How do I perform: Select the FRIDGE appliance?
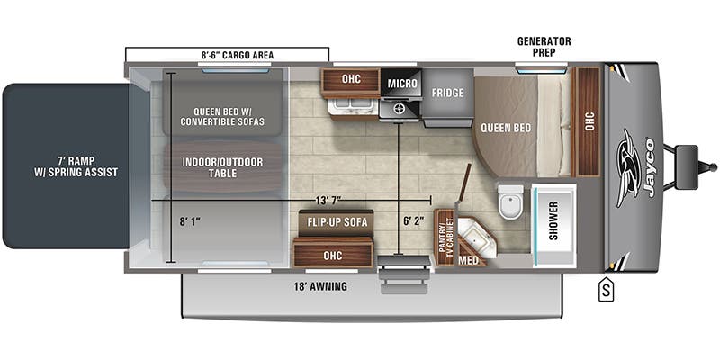tap(447, 93)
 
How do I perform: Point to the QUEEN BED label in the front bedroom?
tap(505, 127)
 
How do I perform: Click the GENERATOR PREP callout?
tap(544, 46)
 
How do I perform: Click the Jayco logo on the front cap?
tap(637, 166)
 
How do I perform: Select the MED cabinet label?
tap(469, 259)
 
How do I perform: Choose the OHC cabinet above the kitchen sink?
tap(351, 79)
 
